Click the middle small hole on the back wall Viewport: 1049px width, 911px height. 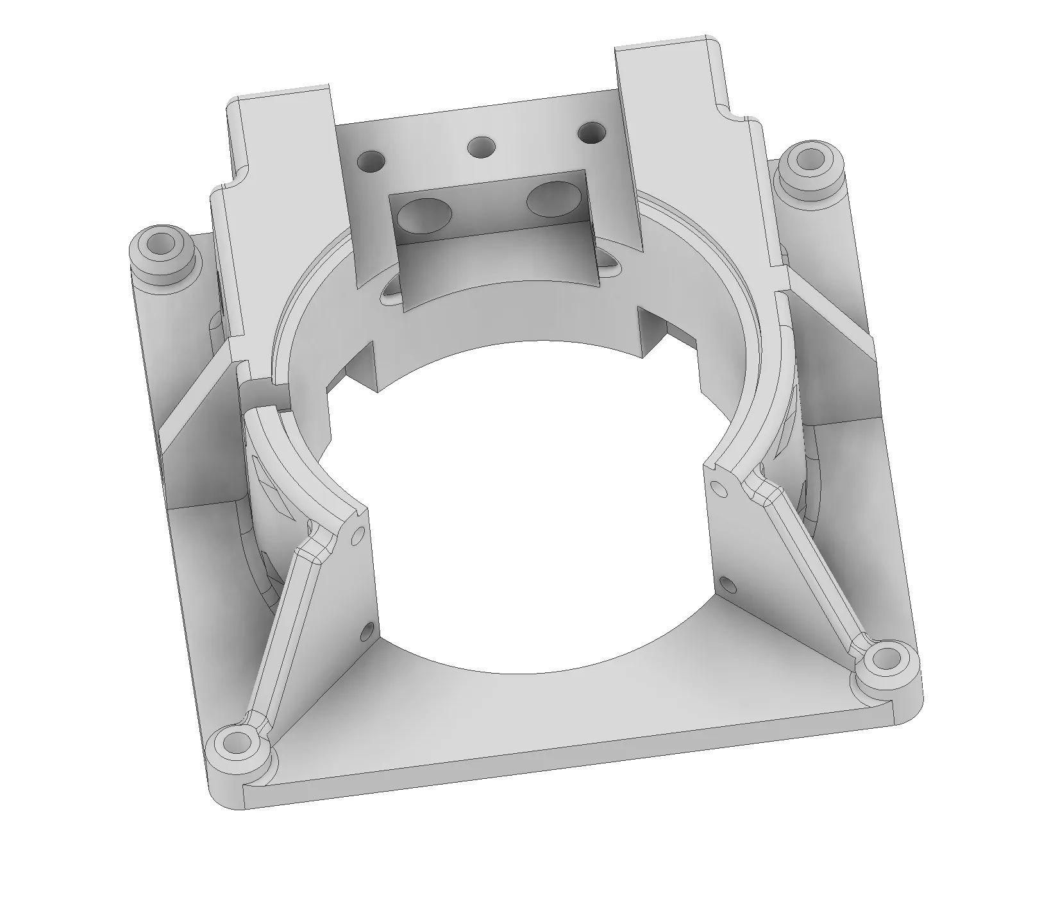click(x=481, y=148)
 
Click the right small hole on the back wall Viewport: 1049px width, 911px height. click(x=591, y=133)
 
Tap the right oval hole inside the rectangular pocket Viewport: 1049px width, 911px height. click(x=552, y=199)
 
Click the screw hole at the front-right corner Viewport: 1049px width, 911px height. click(x=887, y=660)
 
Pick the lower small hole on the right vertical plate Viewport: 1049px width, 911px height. click(x=726, y=584)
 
